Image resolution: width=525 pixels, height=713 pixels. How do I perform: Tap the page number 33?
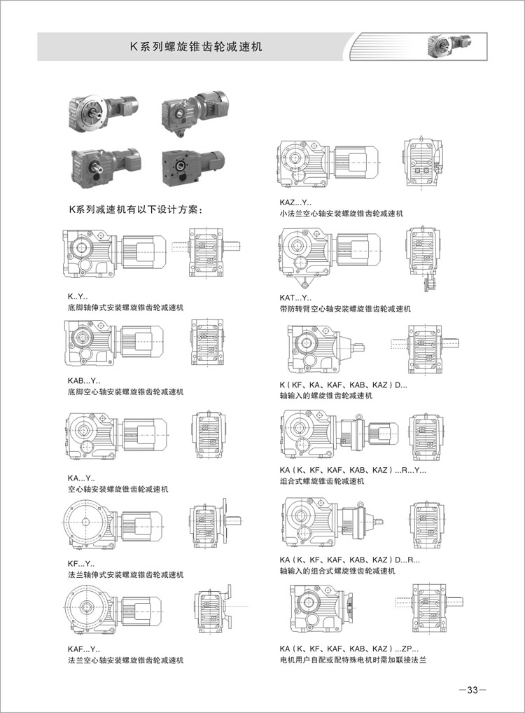(x=472, y=690)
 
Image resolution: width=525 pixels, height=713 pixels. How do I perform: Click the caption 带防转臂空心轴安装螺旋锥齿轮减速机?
(x=344, y=309)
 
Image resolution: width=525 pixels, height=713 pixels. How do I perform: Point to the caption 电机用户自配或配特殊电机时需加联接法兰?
(x=352, y=661)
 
